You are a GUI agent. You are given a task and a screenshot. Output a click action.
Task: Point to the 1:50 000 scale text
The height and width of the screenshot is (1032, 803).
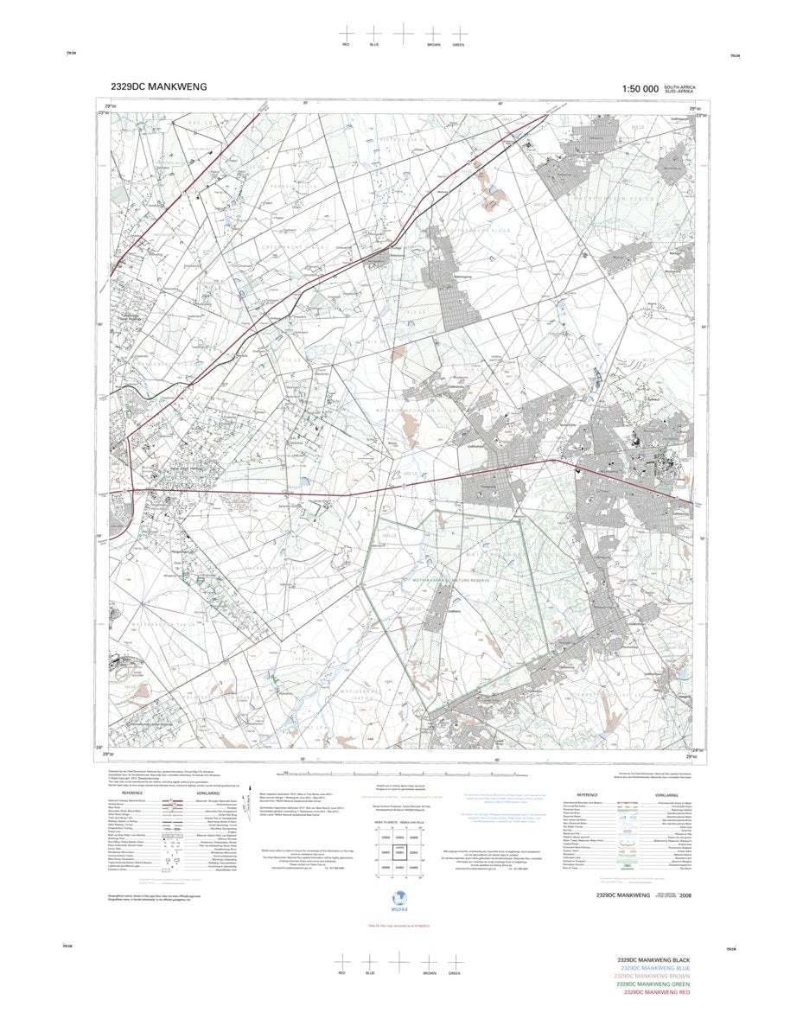coord(640,88)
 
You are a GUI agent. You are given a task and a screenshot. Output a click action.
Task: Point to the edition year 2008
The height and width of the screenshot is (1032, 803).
coord(685,895)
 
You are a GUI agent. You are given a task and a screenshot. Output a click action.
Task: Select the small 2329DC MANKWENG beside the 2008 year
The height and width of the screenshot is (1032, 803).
coord(620,895)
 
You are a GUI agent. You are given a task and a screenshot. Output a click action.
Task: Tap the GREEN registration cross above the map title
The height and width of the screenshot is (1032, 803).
coord(458,33)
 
